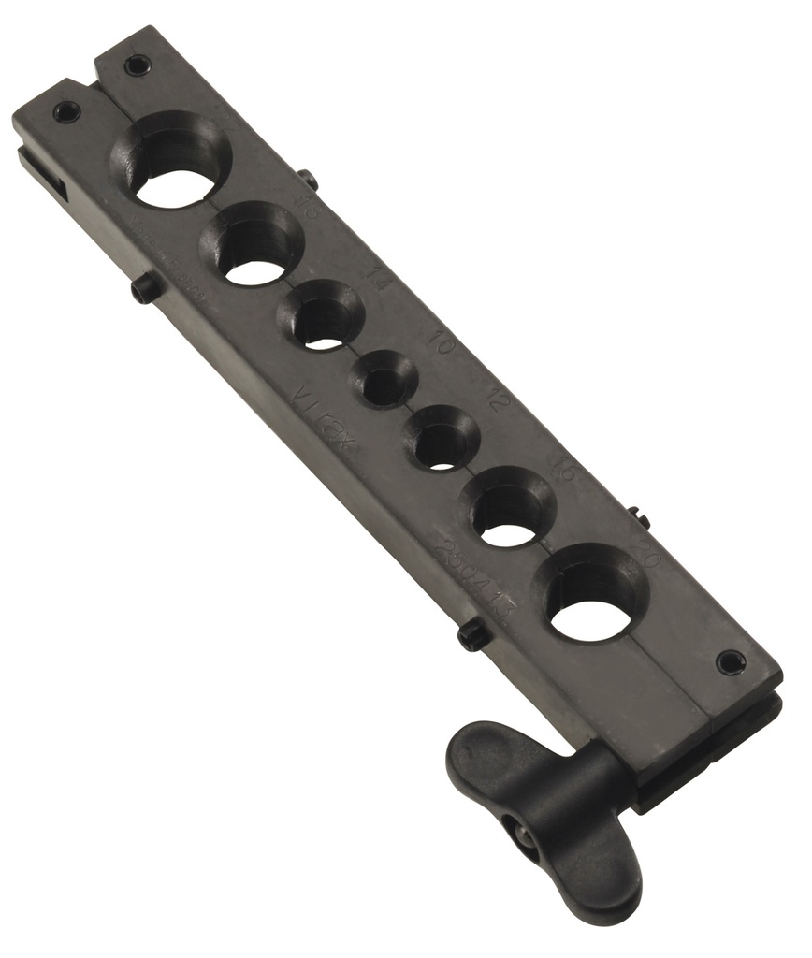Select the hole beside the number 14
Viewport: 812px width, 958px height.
tap(322, 326)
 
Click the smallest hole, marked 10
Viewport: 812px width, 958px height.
tap(384, 384)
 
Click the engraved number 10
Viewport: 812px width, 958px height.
tap(441, 339)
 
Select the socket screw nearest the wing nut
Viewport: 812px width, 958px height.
tap(731, 662)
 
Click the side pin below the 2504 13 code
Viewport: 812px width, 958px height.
tap(473, 636)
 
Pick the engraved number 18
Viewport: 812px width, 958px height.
tap(305, 208)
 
